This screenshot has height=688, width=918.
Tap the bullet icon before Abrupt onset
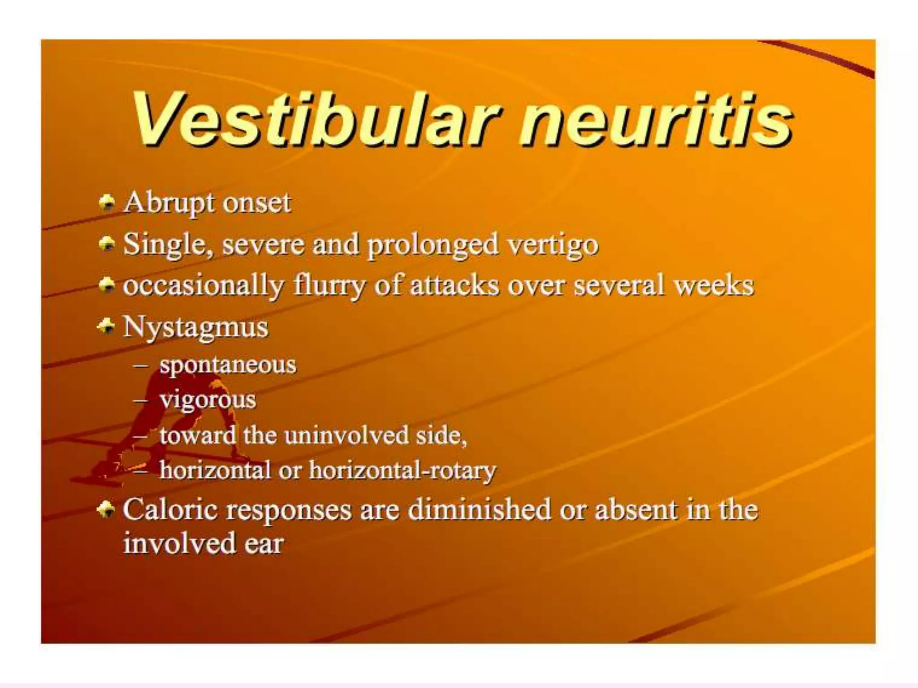tap(107, 202)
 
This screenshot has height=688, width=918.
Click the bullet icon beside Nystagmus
tap(106, 326)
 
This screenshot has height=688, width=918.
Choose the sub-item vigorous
tap(208, 400)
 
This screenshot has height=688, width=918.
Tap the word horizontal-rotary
tap(402, 470)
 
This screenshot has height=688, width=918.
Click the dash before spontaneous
tap(141, 365)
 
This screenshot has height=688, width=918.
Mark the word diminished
tap(479, 510)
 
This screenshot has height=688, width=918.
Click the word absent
tap(636, 510)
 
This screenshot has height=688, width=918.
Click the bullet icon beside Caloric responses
tap(106, 509)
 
